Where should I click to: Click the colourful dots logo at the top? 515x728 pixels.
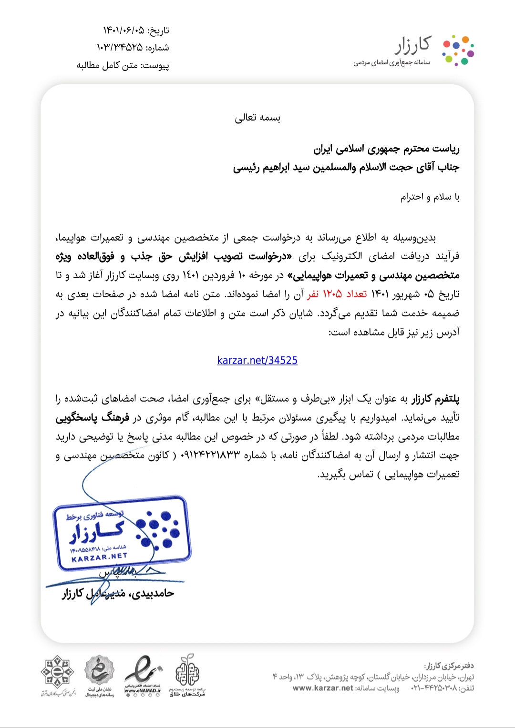pos(458,50)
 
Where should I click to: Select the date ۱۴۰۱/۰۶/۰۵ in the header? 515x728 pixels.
pos(124,30)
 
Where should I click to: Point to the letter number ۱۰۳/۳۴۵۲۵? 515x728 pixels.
pos(119,48)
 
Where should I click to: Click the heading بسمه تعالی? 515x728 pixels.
pos(257,118)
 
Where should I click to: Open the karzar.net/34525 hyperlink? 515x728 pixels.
pos(257,361)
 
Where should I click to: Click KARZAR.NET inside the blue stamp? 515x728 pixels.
pos(99,557)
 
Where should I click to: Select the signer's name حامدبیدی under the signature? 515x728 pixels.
pos(152,594)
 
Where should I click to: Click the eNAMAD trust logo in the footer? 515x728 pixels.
pos(143,676)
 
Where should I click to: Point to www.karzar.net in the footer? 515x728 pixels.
pos(323,688)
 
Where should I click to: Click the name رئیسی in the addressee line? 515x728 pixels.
pos(246,168)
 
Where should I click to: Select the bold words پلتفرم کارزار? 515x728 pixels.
pos(436,399)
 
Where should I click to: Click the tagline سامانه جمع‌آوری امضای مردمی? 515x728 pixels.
pos(391,63)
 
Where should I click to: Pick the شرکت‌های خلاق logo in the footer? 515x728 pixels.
pos(187,676)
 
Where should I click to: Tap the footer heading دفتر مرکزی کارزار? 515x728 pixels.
pos(449,666)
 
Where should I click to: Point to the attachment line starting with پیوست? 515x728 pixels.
pos(123,66)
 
